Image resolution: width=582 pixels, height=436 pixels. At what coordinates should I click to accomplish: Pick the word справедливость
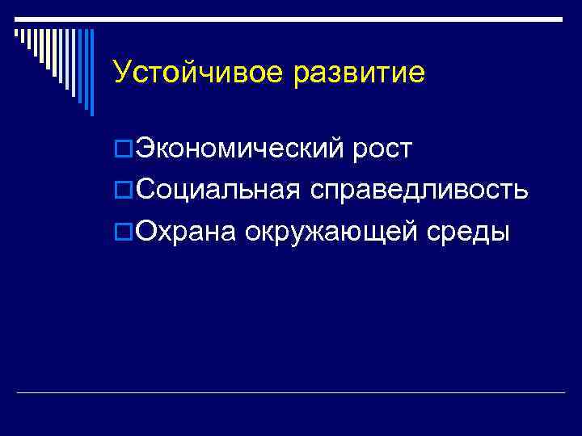pyautogui.click(x=417, y=191)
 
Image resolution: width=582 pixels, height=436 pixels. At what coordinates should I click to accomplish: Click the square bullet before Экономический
pyautogui.click(x=123, y=149)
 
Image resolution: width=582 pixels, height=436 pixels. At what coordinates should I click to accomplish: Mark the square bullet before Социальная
pyautogui.click(x=123, y=191)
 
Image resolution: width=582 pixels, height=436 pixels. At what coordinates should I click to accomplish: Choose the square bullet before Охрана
pyautogui.click(x=123, y=233)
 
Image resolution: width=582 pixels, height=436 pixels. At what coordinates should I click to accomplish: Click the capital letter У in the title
pyautogui.click(x=121, y=73)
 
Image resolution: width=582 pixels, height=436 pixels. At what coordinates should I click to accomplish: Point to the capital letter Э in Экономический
pyautogui.click(x=145, y=149)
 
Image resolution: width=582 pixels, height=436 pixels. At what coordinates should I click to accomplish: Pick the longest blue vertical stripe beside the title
pyautogui.click(x=91, y=73)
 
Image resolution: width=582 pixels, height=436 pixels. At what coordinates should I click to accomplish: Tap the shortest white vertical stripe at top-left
pyautogui.click(x=16, y=33)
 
